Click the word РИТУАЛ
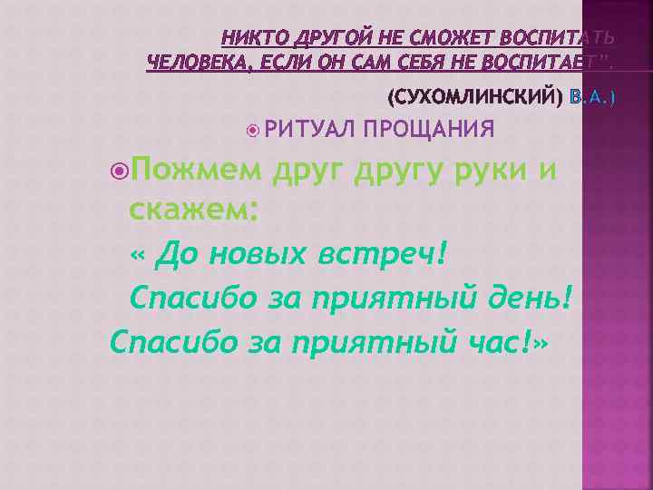[x=308, y=130]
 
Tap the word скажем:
[x=195, y=211]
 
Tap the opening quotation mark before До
[x=138, y=256]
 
